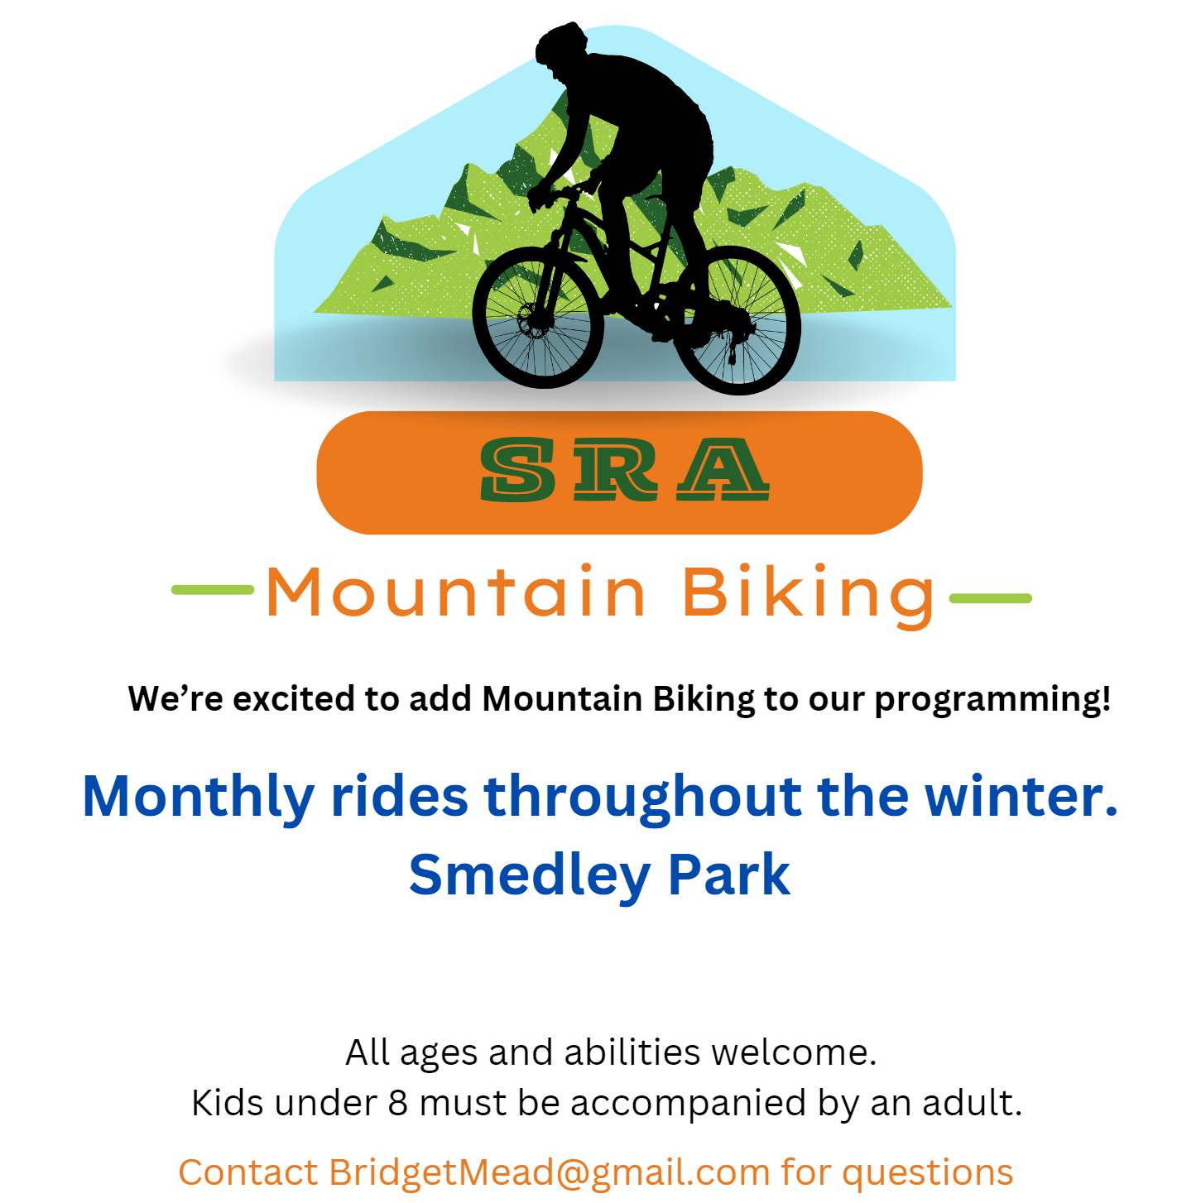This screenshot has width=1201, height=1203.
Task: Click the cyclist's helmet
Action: [x=561, y=42]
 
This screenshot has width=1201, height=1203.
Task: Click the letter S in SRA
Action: [x=518, y=469]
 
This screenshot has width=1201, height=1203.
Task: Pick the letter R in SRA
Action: [x=615, y=469]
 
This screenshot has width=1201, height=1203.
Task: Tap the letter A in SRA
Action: [x=723, y=469]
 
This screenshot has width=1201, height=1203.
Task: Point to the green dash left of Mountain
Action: [x=213, y=590]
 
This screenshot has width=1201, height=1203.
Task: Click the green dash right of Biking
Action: [x=991, y=598]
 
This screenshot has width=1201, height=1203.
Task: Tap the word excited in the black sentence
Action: [x=294, y=698]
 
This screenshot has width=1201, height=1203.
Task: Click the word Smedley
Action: [x=530, y=876]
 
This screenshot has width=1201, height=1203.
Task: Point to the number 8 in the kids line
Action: [x=398, y=1104]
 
